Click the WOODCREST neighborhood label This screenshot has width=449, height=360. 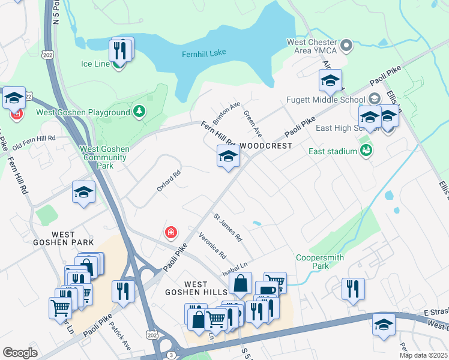coord(266,146)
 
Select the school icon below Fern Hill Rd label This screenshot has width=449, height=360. coord(228,158)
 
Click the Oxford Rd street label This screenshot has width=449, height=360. coord(169,181)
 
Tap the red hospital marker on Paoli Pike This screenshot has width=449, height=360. coord(171,232)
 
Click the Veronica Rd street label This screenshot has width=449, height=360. coord(212,246)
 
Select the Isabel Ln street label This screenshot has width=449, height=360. coord(235,265)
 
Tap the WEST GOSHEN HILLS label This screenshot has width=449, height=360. coord(196,288)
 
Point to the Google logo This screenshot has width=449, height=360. coord(20,353)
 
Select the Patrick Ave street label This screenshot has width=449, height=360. coord(119,339)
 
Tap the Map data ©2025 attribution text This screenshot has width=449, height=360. coord(423,355)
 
